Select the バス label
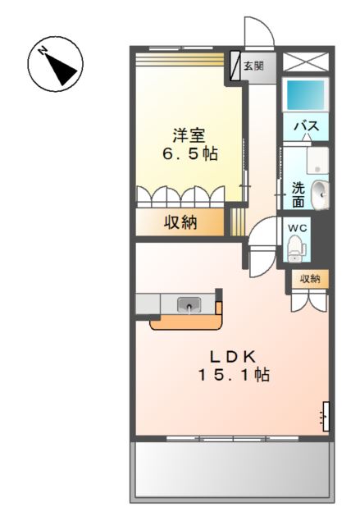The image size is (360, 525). pos(305,126)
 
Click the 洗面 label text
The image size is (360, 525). pos(298,194)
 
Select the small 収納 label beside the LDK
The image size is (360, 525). pos(309,279)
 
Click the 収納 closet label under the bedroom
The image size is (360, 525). pos(180,222)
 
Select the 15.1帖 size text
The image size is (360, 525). pos(233,375)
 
